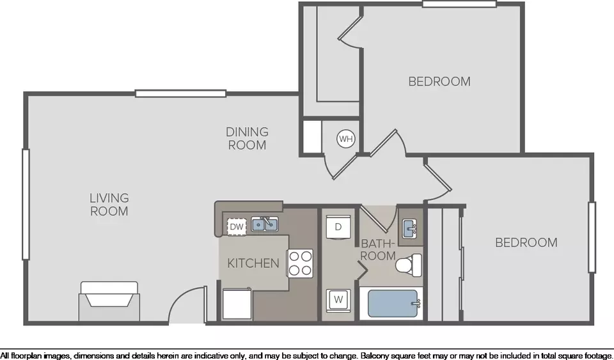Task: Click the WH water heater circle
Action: [x=346, y=139]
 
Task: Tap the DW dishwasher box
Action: [x=237, y=226]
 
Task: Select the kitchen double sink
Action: [x=265, y=224]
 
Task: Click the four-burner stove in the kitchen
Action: [x=301, y=263]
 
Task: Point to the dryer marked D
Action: [x=338, y=226]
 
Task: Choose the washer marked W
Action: [x=338, y=301]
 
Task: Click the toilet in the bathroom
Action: [x=409, y=263]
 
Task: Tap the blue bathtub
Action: [x=393, y=304]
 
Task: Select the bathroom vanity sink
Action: [x=410, y=228]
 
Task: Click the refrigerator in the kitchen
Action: [x=237, y=304]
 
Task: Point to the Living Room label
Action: [x=109, y=205]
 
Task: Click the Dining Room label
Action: [x=247, y=138]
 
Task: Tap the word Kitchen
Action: [x=253, y=263]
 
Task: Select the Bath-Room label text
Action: [x=378, y=249]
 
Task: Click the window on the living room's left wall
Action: [x=26, y=204]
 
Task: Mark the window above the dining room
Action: [x=180, y=93]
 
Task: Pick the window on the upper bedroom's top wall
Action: [x=459, y=4]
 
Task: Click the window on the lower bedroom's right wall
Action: [x=592, y=237]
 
